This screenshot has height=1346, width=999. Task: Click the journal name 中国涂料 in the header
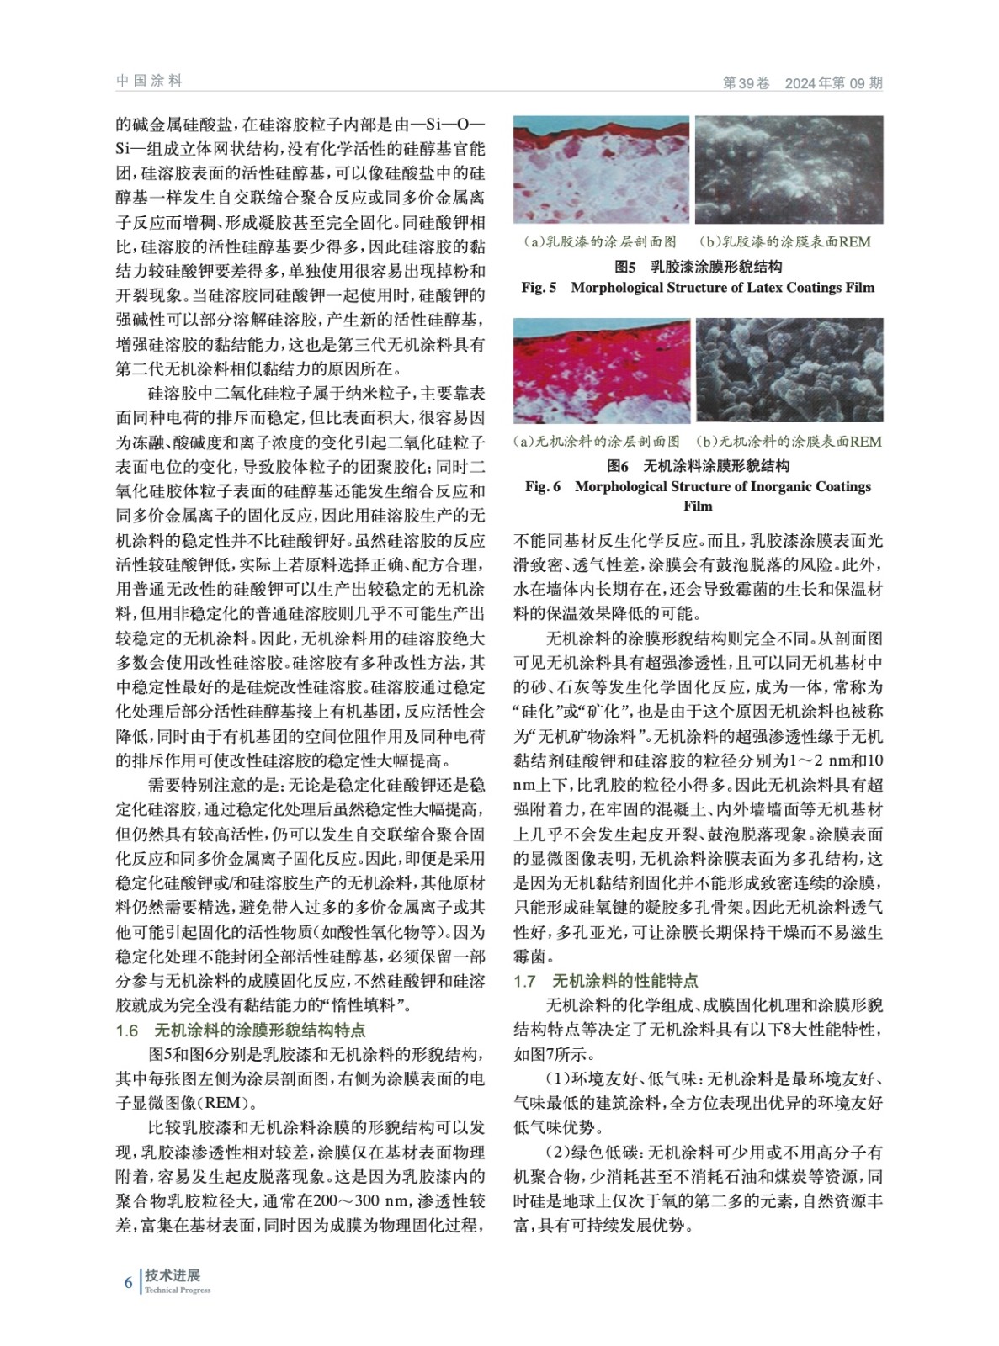click(x=149, y=81)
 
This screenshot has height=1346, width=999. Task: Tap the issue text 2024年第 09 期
click(x=833, y=83)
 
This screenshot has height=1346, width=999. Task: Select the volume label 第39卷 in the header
click(x=747, y=83)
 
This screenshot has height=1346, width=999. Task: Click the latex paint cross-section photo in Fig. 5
click(x=601, y=170)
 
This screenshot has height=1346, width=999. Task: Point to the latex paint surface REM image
click(x=789, y=170)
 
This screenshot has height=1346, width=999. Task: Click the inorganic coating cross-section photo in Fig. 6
click(x=601, y=370)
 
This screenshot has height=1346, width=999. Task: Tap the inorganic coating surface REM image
click(x=789, y=370)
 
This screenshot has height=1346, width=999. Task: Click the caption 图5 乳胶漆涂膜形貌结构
click(x=698, y=267)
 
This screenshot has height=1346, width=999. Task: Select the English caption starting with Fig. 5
click(x=698, y=288)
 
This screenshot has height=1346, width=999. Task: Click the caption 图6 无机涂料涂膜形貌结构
click(x=698, y=466)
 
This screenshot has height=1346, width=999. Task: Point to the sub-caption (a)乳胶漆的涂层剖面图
click(x=600, y=242)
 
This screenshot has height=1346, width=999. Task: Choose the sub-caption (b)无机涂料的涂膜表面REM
click(x=789, y=442)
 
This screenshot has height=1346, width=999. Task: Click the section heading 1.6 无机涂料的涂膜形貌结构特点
click(x=241, y=1031)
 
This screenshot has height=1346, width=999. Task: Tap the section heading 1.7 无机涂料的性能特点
click(x=606, y=981)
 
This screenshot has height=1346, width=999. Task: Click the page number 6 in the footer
click(x=128, y=1282)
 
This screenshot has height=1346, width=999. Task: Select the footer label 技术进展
click(x=173, y=1275)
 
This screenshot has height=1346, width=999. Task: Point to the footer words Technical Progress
click(x=178, y=1290)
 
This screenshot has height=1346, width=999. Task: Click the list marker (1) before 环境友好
click(x=557, y=1079)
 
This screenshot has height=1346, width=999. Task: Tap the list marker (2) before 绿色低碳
click(x=557, y=1153)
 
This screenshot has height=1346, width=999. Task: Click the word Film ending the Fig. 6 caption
click(x=698, y=506)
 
